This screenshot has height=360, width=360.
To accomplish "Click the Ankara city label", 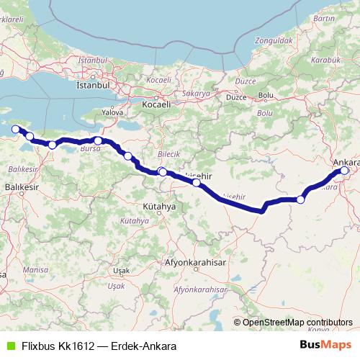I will coord(345,162).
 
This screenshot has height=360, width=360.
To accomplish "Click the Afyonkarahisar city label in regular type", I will coord(191,263).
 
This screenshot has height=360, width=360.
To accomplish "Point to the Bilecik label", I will coord(168,154).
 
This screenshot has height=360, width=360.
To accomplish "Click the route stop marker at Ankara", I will coord(345,171).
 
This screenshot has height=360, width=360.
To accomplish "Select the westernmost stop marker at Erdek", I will coord(16,129).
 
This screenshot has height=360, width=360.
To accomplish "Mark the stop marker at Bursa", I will coord(98,141).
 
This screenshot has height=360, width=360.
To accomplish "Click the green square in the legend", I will coord(10,346).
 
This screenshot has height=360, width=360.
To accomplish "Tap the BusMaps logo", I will coord(325,345).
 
